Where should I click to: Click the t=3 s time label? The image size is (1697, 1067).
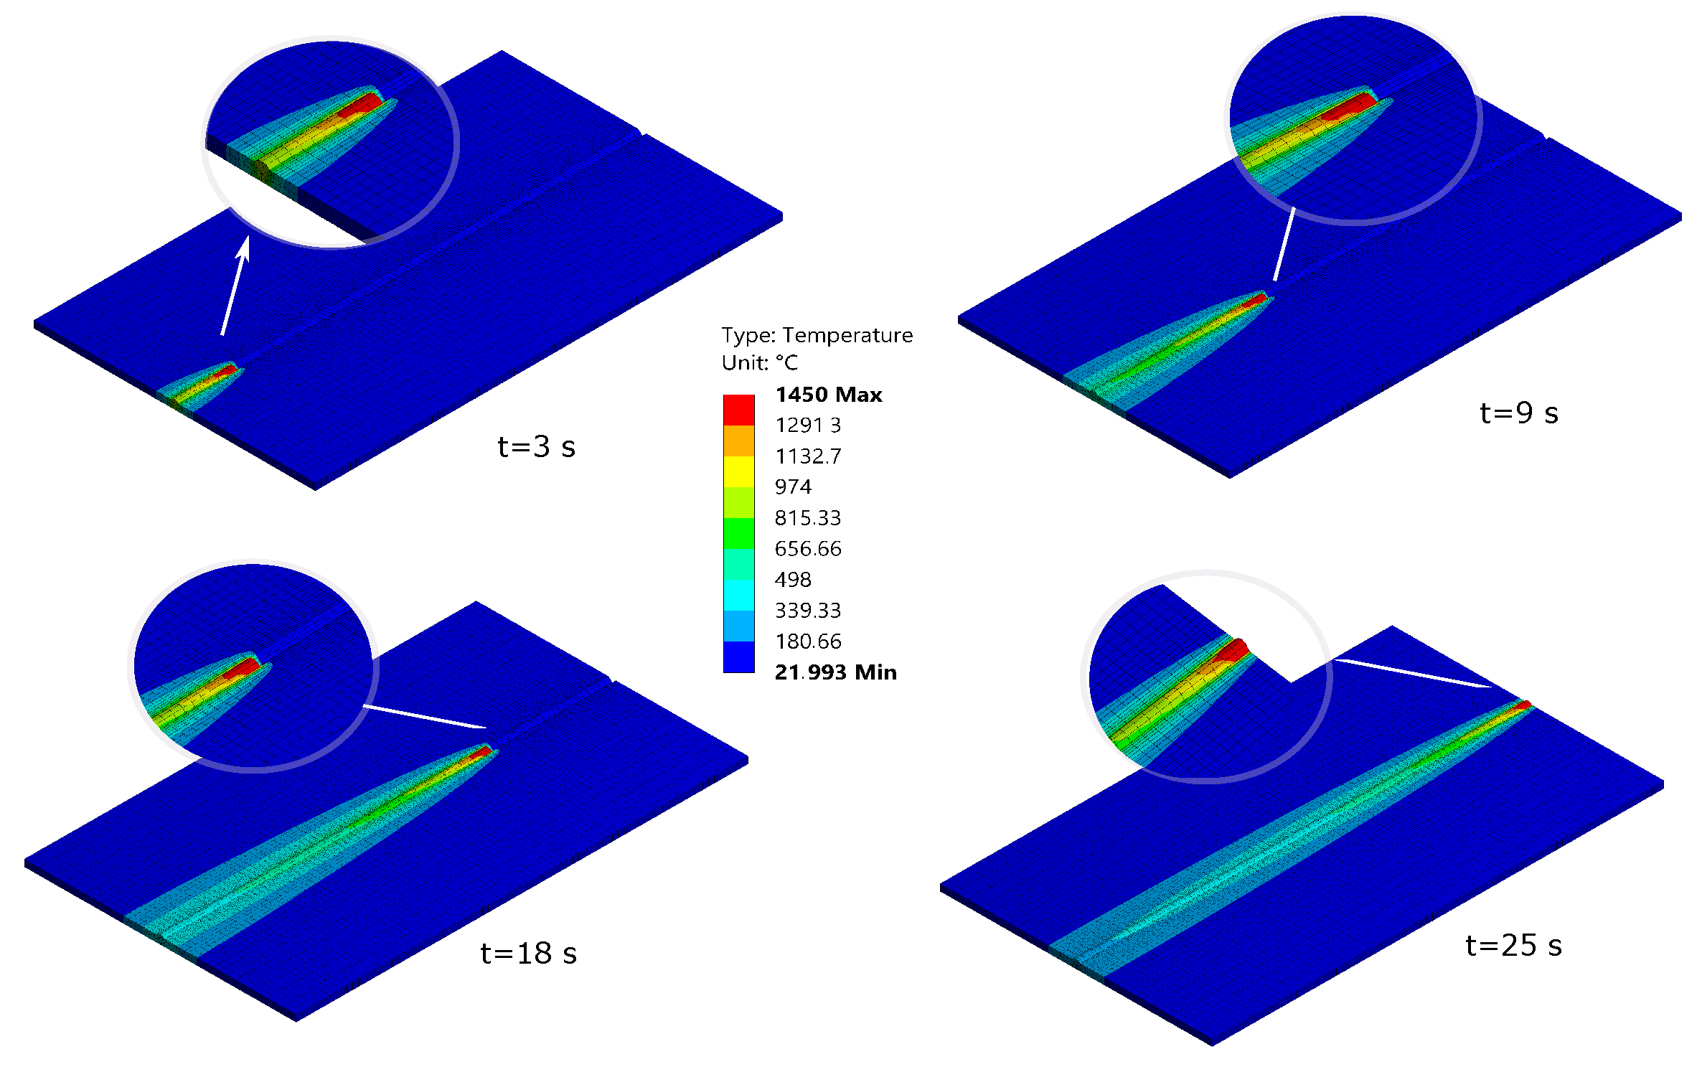coord(536,447)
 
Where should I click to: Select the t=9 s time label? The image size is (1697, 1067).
coord(1518,413)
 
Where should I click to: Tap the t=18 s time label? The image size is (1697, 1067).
coord(528,954)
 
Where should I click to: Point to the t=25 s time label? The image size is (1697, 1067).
coord(1513,946)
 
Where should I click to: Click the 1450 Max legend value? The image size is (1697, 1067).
coord(828,395)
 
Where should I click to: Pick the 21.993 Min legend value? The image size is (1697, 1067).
coord(835,672)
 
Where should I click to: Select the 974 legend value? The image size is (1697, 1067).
coord(793,487)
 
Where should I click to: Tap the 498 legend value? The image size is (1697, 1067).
coord(793,580)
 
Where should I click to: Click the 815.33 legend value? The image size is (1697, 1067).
coord(807,518)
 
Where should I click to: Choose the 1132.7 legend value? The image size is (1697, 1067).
coord(808,456)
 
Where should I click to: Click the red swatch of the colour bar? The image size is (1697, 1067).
coord(738,410)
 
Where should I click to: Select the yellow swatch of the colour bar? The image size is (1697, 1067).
coord(738,471)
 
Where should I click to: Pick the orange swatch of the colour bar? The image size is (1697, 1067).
coord(738,441)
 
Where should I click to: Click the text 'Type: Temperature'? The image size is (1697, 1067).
coord(817,335)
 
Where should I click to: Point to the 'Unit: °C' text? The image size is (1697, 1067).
coord(759,363)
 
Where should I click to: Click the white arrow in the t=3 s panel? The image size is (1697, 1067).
coord(234,287)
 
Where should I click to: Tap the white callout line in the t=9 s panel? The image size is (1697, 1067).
coord(1284,244)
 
